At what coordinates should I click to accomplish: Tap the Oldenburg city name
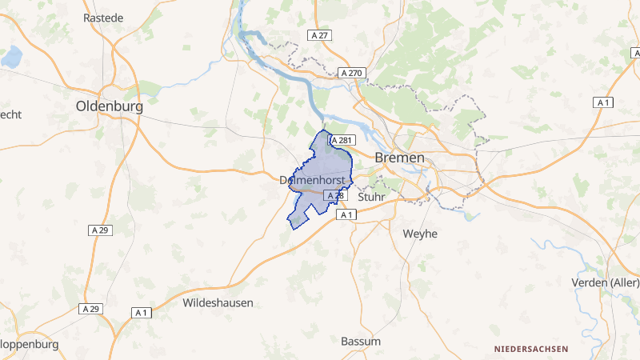point(109,106)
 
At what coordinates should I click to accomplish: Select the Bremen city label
point(399,158)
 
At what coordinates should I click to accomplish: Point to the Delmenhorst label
point(313,181)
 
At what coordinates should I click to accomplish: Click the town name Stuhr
point(373,196)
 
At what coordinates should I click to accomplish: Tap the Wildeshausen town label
point(218,303)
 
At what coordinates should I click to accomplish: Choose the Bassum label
point(361,341)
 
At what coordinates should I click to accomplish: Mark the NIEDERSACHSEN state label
point(531,349)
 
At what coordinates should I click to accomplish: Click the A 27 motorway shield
point(319,35)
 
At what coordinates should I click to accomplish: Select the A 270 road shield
point(352,73)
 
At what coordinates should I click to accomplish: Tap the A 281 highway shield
point(342,140)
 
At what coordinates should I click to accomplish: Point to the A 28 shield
point(334,196)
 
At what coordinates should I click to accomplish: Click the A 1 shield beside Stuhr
point(346,214)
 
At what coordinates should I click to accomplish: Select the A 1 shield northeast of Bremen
point(603,102)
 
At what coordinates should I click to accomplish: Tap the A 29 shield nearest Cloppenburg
point(90,309)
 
